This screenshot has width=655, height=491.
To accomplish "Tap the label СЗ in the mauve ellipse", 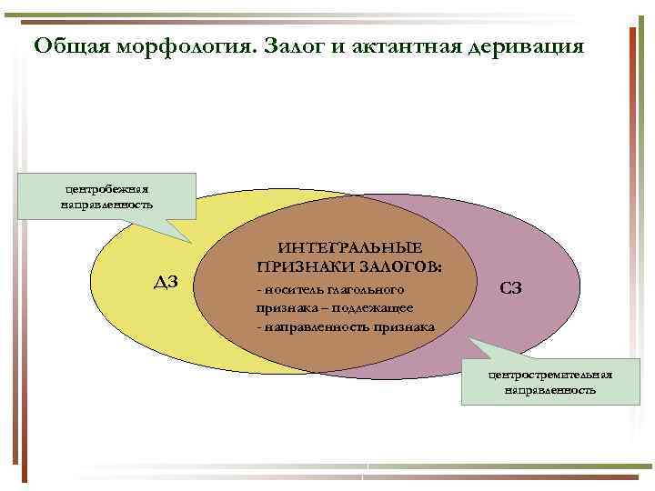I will (510, 288).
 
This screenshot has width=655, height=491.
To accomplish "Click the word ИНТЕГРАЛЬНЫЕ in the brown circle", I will (350, 249).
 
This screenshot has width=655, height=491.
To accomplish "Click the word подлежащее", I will (372, 307).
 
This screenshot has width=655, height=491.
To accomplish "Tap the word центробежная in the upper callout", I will (107, 188).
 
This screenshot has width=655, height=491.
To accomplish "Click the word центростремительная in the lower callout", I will (549, 375).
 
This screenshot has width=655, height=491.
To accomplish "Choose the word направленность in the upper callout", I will (107, 205).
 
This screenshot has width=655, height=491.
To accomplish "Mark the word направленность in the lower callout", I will (549, 390).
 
